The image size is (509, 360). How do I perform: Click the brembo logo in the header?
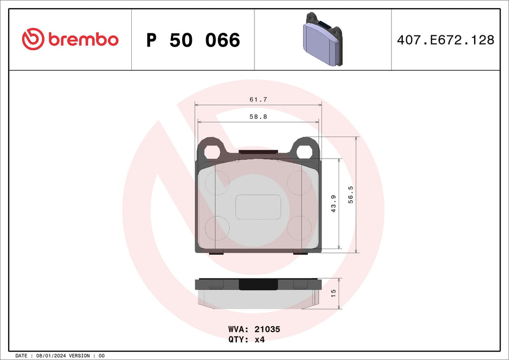[x=70, y=39]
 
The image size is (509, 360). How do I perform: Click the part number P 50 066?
[x=193, y=40]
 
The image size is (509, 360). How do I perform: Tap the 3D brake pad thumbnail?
[x=323, y=39]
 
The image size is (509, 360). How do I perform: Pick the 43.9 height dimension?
[x=333, y=204]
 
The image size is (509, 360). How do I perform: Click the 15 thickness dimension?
[x=333, y=293]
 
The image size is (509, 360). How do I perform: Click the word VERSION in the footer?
[x=80, y=356]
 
